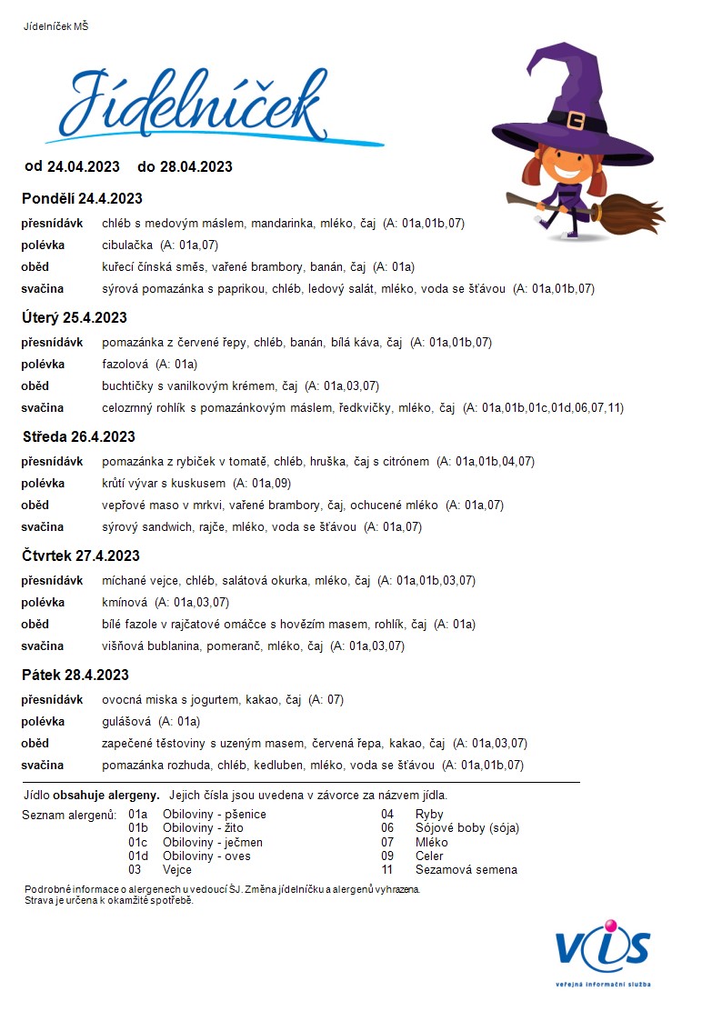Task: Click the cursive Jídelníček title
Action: click(196, 102)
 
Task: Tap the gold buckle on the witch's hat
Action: click(575, 120)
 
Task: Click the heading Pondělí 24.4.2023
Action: click(83, 198)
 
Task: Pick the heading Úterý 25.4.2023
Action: click(75, 317)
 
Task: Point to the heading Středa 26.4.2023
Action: click(79, 436)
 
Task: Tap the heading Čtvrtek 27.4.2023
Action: click(81, 556)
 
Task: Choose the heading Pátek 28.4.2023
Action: click(75, 675)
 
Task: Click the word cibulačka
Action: click(128, 245)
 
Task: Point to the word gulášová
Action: click(127, 721)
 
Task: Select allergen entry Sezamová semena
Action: click(466, 869)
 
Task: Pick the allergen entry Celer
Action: click(429, 856)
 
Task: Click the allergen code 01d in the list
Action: click(138, 856)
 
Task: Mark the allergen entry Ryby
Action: click(429, 815)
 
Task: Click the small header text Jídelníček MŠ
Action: click(55, 26)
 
